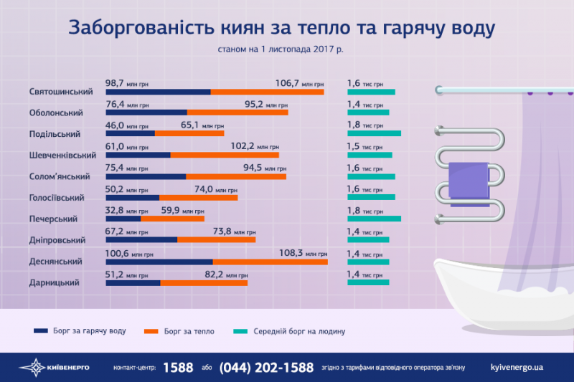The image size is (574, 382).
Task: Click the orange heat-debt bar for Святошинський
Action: click(267, 92)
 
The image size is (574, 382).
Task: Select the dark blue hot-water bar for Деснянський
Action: click(159, 262)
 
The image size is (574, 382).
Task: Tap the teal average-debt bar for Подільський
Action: click(374, 134)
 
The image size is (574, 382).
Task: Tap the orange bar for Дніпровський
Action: click(216, 240)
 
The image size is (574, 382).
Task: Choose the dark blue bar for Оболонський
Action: click(146, 113)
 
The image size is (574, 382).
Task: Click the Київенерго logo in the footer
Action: click(54, 368)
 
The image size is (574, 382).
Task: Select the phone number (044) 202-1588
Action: click(266, 367)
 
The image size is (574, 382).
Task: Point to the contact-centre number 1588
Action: click(178, 367)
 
